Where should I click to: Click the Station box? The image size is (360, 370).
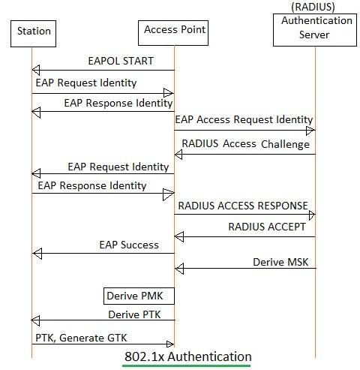pyautogui.click(x=34, y=31)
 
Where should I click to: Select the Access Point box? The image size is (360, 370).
pyautogui.click(x=173, y=31)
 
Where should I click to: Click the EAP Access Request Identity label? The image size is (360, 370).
pyautogui.click(x=244, y=119)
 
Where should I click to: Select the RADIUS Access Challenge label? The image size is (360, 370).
pyautogui.click(x=244, y=143)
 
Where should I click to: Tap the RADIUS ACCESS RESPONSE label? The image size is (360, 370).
pyautogui.click(x=243, y=206)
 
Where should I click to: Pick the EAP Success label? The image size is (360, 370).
pyautogui.click(x=129, y=245)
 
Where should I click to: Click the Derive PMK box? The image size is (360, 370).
pyautogui.click(x=130, y=295)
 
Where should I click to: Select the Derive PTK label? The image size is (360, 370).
pyautogui.click(x=134, y=314)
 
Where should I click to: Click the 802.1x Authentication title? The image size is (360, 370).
pyautogui.click(x=188, y=355)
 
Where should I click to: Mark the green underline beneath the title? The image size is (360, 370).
pyautogui.click(x=187, y=366)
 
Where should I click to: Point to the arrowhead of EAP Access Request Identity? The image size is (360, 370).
pyautogui.click(x=310, y=131)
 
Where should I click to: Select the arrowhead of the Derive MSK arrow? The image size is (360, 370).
pyautogui.click(x=179, y=269)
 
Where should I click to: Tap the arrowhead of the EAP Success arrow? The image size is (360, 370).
pyautogui.click(x=37, y=254)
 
